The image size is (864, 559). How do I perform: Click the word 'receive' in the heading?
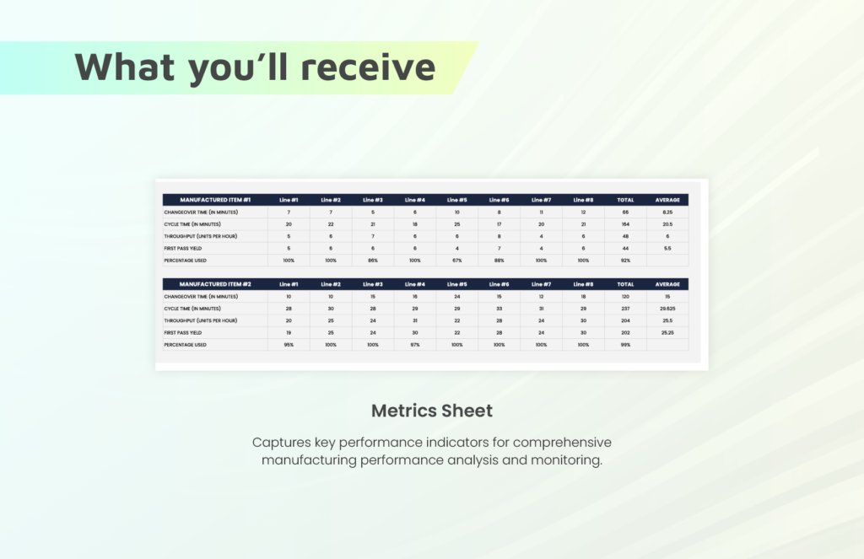(368, 67)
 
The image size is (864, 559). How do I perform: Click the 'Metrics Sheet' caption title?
(432, 411)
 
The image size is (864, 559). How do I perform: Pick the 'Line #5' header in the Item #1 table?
(456, 200)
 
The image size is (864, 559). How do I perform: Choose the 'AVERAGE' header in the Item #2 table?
(667, 284)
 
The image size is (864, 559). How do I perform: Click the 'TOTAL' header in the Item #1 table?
(625, 200)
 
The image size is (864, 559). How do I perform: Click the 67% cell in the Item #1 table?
(456, 261)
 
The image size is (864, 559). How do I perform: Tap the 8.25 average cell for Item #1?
(667, 212)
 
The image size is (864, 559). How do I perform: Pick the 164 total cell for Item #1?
(625, 224)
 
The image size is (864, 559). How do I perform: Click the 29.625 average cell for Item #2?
(667, 309)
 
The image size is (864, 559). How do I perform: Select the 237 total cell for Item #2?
(625, 309)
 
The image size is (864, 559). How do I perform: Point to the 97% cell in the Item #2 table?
(415, 345)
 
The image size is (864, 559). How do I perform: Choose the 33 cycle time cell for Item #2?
(499, 309)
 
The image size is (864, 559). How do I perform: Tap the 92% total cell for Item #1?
(625, 261)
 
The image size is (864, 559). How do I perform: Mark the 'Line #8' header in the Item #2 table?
(583, 284)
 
